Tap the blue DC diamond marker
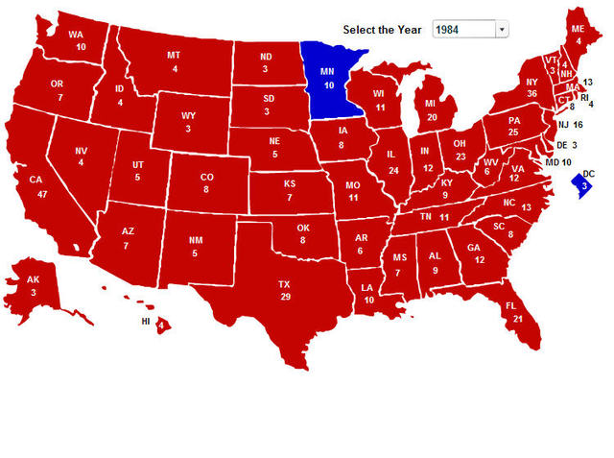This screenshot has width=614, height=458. pos(581,181)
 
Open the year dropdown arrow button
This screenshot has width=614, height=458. pos(501,30)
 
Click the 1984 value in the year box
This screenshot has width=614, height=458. pos(449,30)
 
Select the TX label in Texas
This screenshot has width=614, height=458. pos(284,285)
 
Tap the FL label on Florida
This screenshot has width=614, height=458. pos(517,305)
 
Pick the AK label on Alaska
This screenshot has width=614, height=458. pos(33,279)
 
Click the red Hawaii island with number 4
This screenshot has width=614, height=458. pos(161,325)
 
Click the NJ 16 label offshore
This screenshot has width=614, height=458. pos(570,125)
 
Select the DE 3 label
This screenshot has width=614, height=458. pos(567,145)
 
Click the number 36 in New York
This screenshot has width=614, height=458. pos(531,94)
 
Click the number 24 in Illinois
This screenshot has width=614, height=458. pos(392,170)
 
